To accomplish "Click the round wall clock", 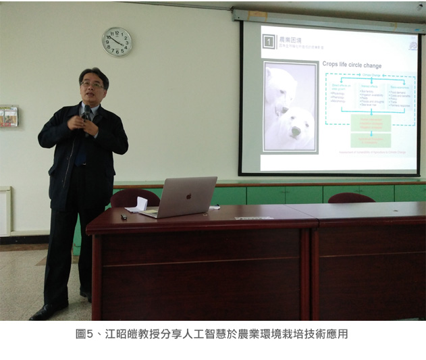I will [117, 42].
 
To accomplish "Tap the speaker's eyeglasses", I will [92, 84].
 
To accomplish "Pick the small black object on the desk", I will [123, 217].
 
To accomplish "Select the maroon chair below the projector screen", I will [351, 197].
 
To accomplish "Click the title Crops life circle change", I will [352, 66].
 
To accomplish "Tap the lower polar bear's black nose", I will [294, 132].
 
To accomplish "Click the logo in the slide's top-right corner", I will [412, 45].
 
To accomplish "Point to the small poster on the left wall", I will [8, 116].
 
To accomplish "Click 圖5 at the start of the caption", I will [84, 334].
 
